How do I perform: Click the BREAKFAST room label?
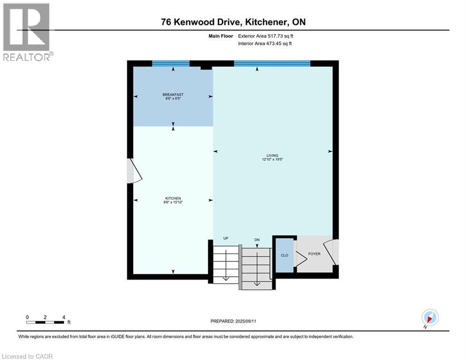point(173,95)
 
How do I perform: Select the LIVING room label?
point(273,155)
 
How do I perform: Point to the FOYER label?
point(314,254)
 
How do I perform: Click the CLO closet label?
point(284,255)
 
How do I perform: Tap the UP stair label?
point(226,239)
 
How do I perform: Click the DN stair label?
point(257,240)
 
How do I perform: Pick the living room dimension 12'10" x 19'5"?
point(273,159)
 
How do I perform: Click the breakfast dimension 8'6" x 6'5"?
point(173,99)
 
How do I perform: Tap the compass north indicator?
point(429,318)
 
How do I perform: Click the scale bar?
point(45,322)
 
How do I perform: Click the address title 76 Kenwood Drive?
point(233,22)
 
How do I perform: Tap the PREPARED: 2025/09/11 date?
point(233,321)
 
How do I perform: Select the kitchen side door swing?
point(134,171)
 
